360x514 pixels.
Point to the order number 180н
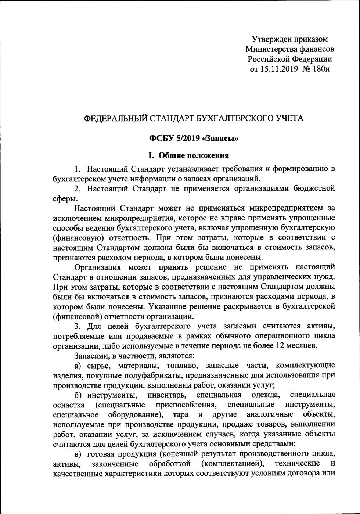click(x=321, y=69)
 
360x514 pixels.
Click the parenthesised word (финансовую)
click(x=78, y=237)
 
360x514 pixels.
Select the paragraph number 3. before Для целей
click(x=77, y=326)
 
